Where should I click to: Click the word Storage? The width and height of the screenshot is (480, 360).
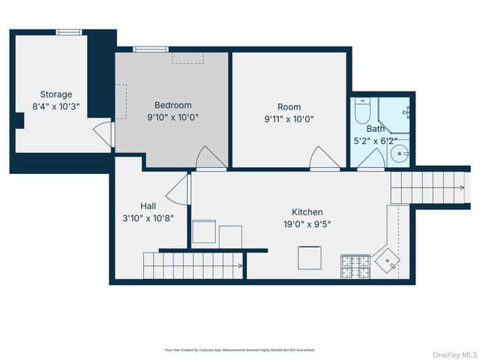point(56,94)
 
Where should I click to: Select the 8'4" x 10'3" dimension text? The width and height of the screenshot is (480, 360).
point(56,106)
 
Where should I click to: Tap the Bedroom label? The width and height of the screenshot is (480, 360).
point(173,105)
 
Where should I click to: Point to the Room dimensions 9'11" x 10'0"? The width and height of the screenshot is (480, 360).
point(289,118)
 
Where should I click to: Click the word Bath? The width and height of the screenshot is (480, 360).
point(375,128)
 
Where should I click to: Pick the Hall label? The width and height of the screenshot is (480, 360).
point(148,205)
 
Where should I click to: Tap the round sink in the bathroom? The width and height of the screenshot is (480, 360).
point(400,155)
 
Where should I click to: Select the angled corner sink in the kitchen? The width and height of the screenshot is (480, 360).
point(388,259)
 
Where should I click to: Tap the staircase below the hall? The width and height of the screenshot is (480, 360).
point(193,262)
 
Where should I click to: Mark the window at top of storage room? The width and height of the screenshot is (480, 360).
point(69,31)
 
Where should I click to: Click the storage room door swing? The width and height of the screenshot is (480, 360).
point(103,136)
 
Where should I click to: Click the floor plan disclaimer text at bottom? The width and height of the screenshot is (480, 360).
point(240,349)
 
